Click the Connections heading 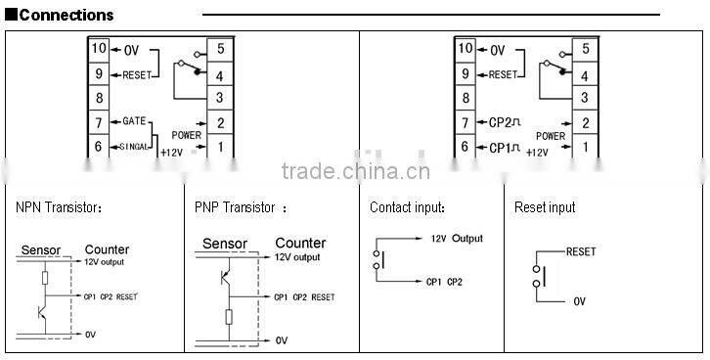point(67,15)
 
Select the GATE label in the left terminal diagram point(134,120)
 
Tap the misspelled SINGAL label point(135,146)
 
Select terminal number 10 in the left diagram point(98,48)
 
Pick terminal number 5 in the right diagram point(585,48)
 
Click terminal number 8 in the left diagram point(98,97)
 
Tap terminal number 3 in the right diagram point(585,97)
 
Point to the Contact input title point(407,207)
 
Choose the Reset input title point(545,207)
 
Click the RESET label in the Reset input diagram point(581,251)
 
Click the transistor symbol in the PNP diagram point(225,278)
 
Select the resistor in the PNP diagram point(228,317)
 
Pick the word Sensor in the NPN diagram point(41,250)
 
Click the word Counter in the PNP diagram point(300,244)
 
